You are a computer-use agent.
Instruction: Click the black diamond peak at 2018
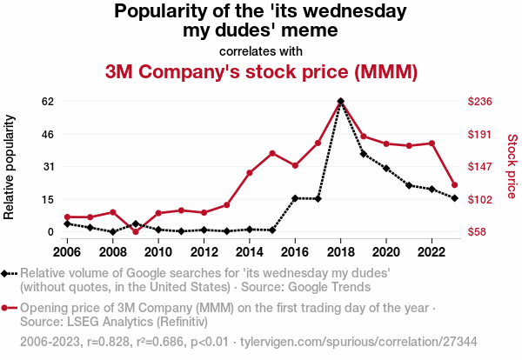(340, 101)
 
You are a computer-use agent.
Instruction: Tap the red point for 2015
(272, 153)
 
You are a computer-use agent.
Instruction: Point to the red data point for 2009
(136, 231)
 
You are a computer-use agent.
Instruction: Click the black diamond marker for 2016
(295, 198)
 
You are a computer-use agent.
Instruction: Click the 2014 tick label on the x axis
(249, 252)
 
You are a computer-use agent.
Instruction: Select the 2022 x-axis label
(432, 252)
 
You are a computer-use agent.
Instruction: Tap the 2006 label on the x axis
(67, 252)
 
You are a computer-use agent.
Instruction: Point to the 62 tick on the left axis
(48, 102)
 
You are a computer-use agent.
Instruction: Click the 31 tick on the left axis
(48, 166)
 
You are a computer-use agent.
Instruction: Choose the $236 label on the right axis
(481, 102)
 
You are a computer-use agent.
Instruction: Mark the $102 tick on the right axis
(481, 199)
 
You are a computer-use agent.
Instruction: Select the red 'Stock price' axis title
(512, 166)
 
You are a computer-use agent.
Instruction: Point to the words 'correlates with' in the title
(261, 50)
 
